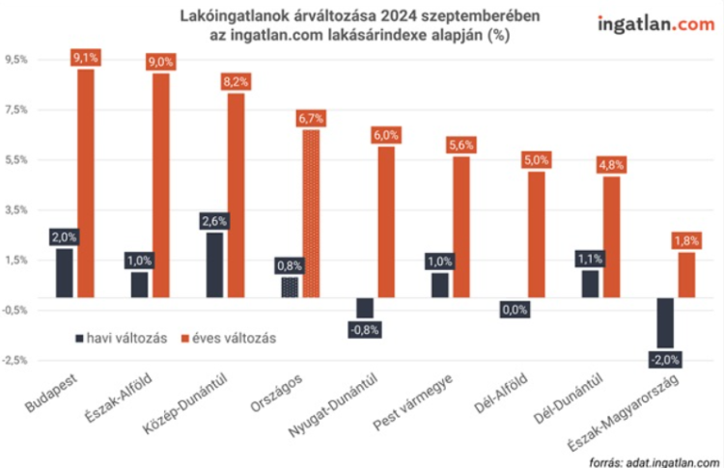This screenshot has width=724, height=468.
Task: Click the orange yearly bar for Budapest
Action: (86, 183)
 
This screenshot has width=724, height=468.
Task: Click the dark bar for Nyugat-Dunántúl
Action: (364, 308)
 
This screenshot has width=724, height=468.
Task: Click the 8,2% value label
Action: (236, 82)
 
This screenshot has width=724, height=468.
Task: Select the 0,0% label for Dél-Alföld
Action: (514, 310)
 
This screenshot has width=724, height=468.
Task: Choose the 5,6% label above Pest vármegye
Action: (461, 146)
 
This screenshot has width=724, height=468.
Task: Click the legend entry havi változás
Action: (121, 338)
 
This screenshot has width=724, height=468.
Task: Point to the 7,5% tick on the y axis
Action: (16, 110)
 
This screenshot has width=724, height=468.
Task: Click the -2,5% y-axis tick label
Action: (15, 360)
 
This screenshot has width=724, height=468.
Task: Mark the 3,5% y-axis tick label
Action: (16, 210)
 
